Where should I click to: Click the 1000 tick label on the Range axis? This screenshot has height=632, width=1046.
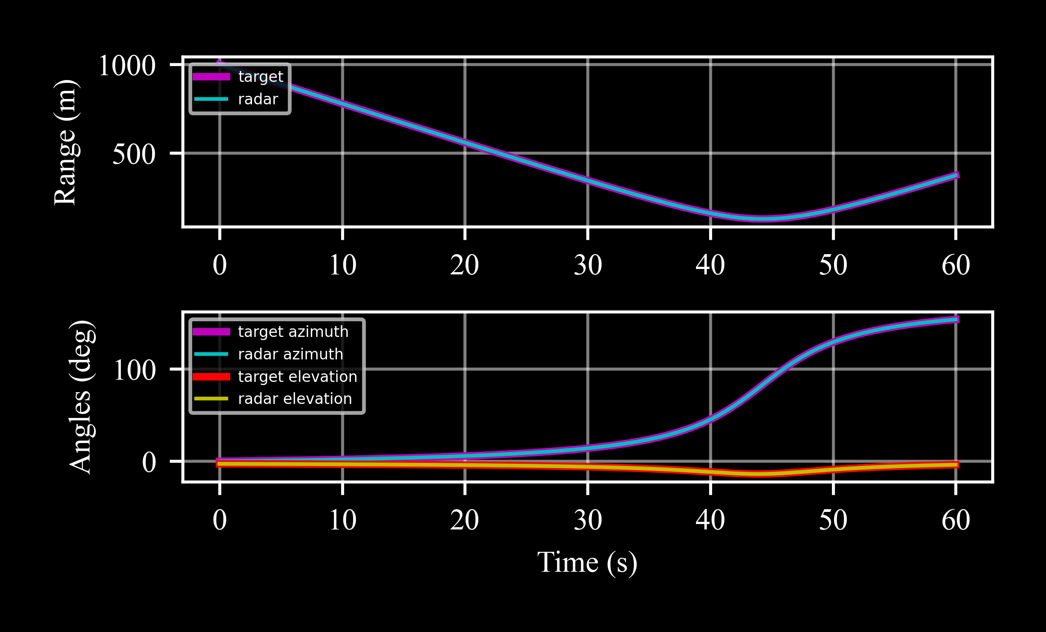click(x=127, y=66)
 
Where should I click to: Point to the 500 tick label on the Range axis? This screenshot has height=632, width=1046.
click(x=134, y=154)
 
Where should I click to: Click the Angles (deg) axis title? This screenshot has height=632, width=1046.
click(x=82, y=397)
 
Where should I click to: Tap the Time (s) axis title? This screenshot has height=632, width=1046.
click(x=587, y=562)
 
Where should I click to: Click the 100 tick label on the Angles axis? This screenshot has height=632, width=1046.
click(x=135, y=371)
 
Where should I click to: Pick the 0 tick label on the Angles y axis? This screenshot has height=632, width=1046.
click(x=149, y=462)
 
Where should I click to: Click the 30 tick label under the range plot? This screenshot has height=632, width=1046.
click(x=588, y=265)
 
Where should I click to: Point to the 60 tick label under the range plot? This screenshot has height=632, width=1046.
click(x=956, y=265)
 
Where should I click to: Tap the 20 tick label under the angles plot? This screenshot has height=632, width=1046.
click(x=464, y=520)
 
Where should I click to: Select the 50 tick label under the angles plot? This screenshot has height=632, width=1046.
click(x=833, y=520)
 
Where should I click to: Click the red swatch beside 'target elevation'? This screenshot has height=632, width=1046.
click(x=211, y=377)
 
